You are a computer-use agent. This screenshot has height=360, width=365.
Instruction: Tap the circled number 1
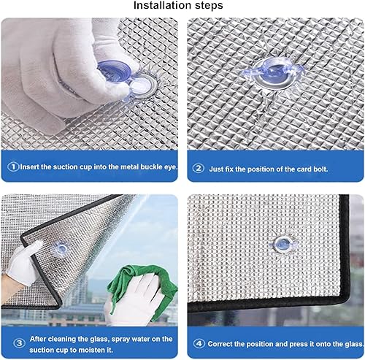[13, 166]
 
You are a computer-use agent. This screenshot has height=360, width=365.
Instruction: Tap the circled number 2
[199, 168]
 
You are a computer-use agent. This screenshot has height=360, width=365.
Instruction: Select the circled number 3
[19, 343]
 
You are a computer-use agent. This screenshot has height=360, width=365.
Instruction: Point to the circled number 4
[199, 344]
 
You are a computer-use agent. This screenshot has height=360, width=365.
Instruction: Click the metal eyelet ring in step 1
[143, 85]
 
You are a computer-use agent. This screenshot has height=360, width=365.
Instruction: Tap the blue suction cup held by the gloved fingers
[115, 71]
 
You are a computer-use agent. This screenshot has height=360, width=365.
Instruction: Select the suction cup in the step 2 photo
[273, 72]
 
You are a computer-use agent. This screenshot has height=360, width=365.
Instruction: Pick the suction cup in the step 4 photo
[283, 244]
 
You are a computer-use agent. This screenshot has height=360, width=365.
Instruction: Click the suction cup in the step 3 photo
[61, 248]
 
